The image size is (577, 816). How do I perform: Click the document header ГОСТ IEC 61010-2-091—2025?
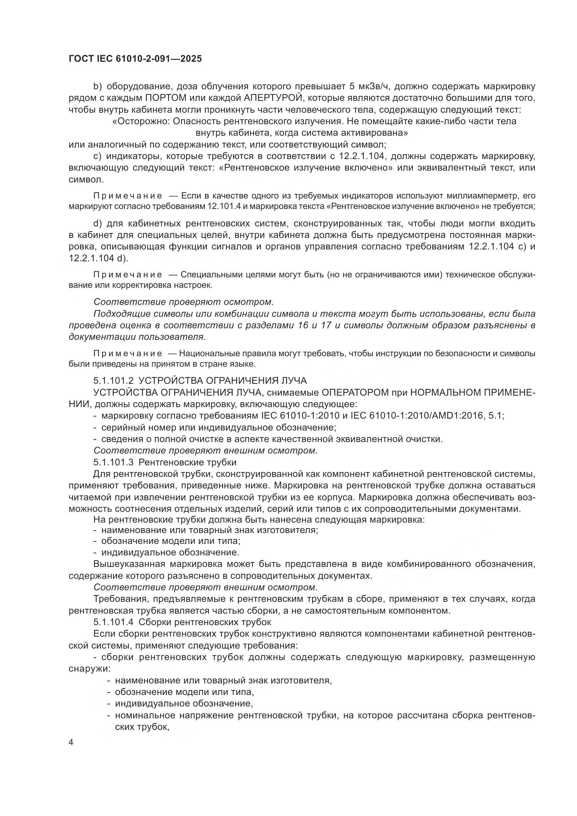135,59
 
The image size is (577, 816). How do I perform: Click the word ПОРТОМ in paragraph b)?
165,98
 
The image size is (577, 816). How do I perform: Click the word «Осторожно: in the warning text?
141,121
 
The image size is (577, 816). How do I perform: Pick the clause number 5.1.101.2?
113,381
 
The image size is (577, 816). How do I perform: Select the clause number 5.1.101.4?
113,622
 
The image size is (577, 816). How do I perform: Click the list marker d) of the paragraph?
97,224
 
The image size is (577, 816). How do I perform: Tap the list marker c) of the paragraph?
97,156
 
